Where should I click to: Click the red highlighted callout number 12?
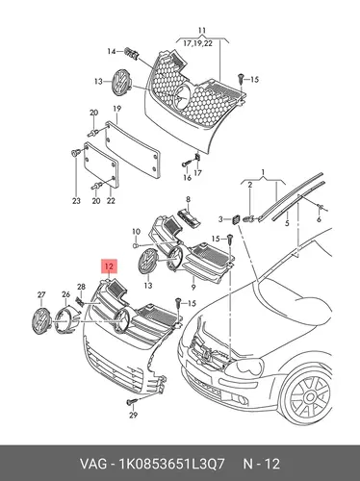(x=110, y=266)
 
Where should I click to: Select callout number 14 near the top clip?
(x=112, y=51)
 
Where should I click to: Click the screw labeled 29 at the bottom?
(x=132, y=401)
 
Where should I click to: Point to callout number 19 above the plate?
(x=116, y=109)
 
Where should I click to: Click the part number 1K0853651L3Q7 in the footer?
(x=171, y=464)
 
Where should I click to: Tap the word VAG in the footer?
(x=93, y=464)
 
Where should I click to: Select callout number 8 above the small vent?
(x=188, y=200)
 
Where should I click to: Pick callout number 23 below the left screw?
(x=76, y=201)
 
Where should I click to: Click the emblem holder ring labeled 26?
(x=65, y=318)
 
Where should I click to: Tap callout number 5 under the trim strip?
(x=287, y=222)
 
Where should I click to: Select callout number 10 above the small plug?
(x=136, y=232)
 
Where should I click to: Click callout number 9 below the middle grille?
(x=193, y=287)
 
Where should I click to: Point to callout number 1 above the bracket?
(x=263, y=173)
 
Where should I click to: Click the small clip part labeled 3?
(x=236, y=219)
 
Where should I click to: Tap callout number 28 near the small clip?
(x=81, y=287)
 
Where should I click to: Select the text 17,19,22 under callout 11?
(x=197, y=43)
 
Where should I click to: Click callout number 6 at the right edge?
(x=319, y=219)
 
